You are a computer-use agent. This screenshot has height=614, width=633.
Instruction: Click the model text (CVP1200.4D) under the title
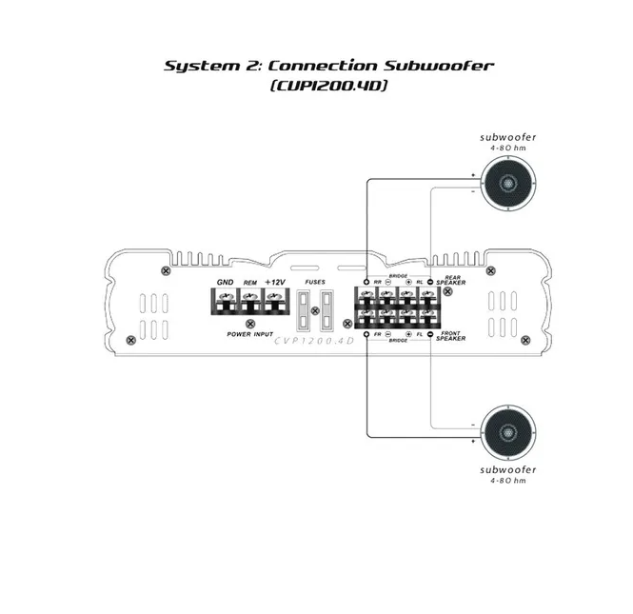pyautogui.click(x=329, y=85)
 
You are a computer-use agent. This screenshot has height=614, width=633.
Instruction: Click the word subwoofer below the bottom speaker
pyautogui.click(x=507, y=470)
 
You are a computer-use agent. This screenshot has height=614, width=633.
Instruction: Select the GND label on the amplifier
pyautogui.click(x=225, y=282)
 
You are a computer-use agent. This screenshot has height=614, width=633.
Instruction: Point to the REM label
pyautogui.click(x=250, y=283)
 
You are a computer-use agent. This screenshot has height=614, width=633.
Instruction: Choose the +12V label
pyautogui.click(x=275, y=282)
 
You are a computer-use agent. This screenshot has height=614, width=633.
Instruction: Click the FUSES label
pyautogui.click(x=314, y=283)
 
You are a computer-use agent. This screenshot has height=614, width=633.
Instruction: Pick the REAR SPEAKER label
pyautogui.click(x=450, y=280)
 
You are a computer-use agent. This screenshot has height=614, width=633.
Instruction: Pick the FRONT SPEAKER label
pyautogui.click(x=451, y=336)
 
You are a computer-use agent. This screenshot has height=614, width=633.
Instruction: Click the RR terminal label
pyautogui.click(x=378, y=282)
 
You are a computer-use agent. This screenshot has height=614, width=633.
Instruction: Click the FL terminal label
pyautogui.click(x=419, y=335)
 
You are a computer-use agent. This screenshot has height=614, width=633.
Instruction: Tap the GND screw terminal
pyautogui.click(x=225, y=307)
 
